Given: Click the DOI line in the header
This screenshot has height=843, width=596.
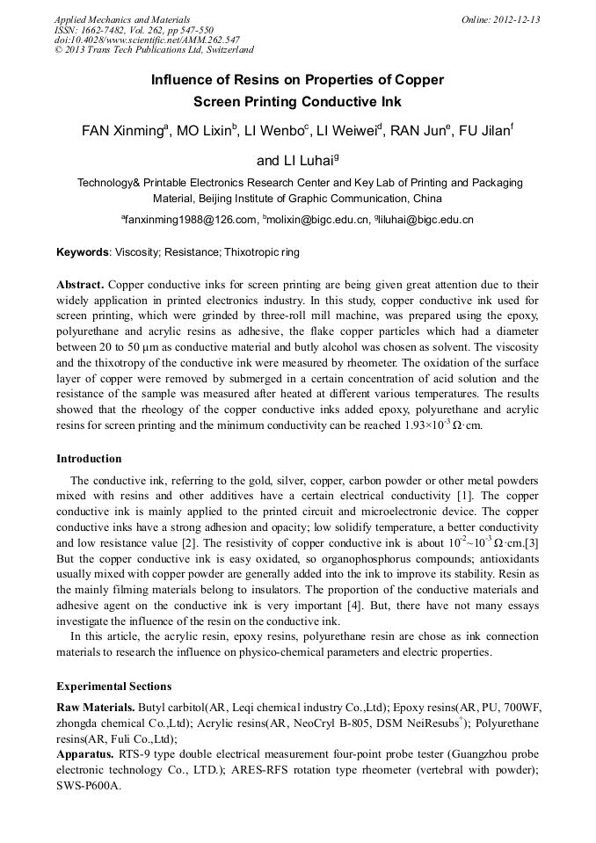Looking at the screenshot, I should [x=147, y=40].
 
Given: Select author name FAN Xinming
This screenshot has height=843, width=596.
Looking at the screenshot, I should [x=121, y=131].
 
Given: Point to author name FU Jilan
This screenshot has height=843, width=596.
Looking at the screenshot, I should [x=483, y=131].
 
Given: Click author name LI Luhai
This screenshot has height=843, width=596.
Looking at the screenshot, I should [x=294, y=161].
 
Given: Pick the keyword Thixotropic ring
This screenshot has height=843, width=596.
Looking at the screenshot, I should [x=262, y=252].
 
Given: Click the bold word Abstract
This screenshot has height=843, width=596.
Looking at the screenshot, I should [x=81, y=285].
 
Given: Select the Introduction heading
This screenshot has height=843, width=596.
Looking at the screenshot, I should [x=89, y=459].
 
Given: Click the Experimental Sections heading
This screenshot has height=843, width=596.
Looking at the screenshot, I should [x=113, y=687].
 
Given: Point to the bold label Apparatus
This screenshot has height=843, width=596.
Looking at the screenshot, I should [x=85, y=755].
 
